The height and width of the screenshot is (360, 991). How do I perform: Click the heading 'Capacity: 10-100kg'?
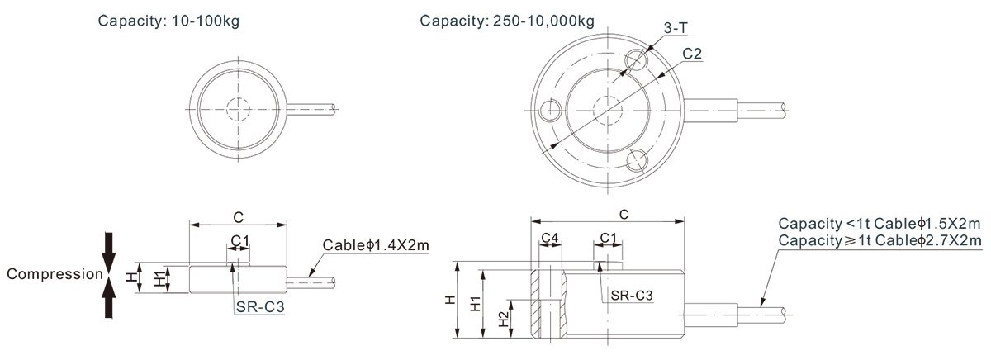pyautogui.click(x=168, y=21)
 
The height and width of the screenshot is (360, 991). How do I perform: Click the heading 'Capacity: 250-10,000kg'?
pyautogui.click(x=507, y=21)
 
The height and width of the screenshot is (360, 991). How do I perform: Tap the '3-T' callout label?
pyautogui.click(x=676, y=28)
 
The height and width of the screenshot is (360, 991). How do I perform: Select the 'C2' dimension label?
pyautogui.click(x=692, y=54)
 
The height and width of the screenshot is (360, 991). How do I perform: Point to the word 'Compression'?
pyautogui.click(x=55, y=274)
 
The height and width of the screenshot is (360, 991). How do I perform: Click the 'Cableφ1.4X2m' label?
pyautogui.click(x=376, y=245)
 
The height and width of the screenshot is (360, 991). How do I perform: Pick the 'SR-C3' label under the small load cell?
pyautogui.click(x=259, y=306)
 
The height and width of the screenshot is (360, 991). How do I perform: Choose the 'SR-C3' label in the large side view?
pyautogui.click(x=632, y=295)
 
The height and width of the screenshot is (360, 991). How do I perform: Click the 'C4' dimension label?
pyautogui.click(x=550, y=239)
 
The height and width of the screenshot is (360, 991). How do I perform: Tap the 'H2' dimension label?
pyautogui.click(x=504, y=319)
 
